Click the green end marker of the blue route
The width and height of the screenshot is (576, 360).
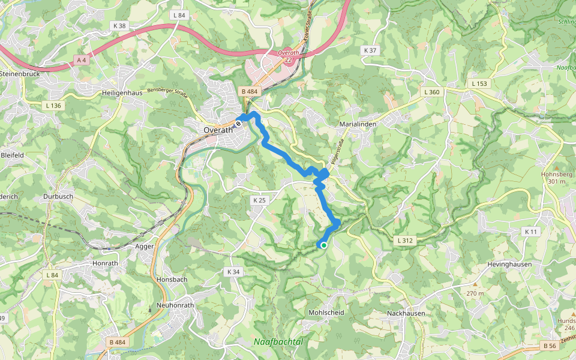pyautogui.click(x=323, y=245)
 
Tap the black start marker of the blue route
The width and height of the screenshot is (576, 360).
pyautogui.click(x=238, y=124)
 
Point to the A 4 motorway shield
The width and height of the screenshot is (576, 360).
pyautogui.click(x=82, y=60)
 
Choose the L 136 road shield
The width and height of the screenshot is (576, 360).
pyautogui.click(x=53, y=106)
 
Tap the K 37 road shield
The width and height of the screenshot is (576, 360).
pyautogui.click(x=370, y=50)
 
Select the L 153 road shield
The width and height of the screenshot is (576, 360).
pyautogui.click(x=479, y=83)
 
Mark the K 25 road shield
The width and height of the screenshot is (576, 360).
pyautogui.click(x=259, y=200)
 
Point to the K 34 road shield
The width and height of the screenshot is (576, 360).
pyautogui.click(x=233, y=272)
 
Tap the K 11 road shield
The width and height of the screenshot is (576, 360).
pyautogui.click(x=531, y=232)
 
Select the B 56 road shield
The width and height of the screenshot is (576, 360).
pyautogui.click(x=549, y=346)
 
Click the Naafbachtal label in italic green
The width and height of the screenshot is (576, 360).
pyautogui.click(x=278, y=341)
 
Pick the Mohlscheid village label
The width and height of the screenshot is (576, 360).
pyautogui.click(x=326, y=313)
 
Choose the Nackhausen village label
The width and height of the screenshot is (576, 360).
pyautogui.click(x=406, y=313)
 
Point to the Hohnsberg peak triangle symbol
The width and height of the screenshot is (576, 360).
pyautogui.click(x=556, y=167)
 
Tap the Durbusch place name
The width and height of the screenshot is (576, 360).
pyautogui.click(x=58, y=196)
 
